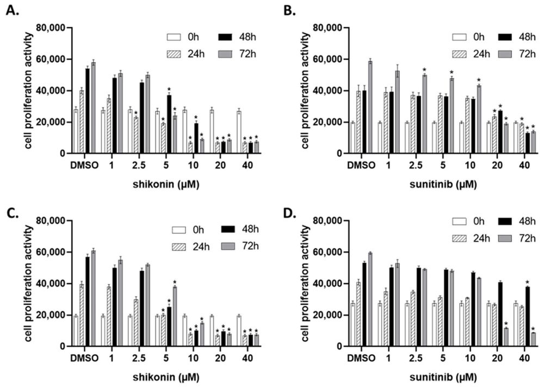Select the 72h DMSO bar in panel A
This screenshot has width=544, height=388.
(93, 108)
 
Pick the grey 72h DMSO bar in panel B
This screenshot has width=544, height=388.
(370, 107)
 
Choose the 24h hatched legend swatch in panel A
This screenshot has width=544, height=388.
(174, 54)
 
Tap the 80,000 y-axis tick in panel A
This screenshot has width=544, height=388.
(50, 28)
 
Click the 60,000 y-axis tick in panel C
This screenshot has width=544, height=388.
(50, 252)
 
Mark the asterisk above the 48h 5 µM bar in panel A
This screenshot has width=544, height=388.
(169, 90)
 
